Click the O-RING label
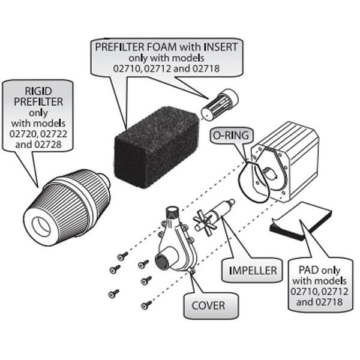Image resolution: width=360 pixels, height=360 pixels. (x=229, y=136)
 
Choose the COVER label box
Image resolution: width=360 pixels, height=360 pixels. (x=208, y=305)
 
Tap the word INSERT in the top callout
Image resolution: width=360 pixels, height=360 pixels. (x=219, y=46)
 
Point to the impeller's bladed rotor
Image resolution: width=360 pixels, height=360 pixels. (x=206, y=224)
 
